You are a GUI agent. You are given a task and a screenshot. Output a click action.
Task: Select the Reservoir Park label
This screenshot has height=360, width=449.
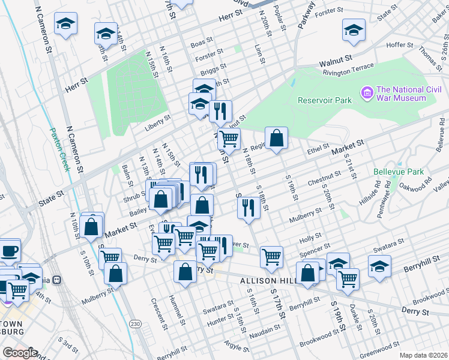pos(324,100)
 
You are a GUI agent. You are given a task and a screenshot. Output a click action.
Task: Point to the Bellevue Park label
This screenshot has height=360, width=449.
pos(399,172)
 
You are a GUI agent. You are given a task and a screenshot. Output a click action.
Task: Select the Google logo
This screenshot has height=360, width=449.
pos(20,353)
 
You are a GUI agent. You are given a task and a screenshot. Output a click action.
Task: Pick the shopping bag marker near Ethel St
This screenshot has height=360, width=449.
pos(276,139)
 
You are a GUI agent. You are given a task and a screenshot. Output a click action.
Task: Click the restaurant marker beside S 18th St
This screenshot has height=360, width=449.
pos(248,208)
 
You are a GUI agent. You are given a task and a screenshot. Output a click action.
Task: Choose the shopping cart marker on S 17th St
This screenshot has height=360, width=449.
pos(271,257)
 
